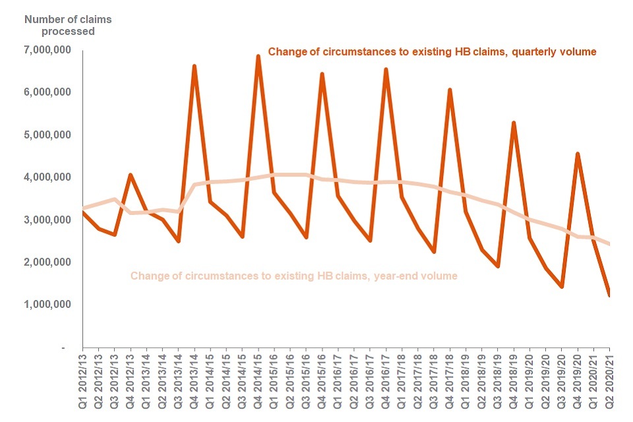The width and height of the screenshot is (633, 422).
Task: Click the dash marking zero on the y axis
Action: pos(63,347)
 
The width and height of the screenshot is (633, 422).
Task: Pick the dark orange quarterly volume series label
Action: pos(431,52)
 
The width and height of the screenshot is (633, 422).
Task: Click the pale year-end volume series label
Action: pos(293,276)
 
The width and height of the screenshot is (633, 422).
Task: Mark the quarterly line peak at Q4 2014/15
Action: pos(258,56)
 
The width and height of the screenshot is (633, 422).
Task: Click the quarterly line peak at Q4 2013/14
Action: pos(195,66)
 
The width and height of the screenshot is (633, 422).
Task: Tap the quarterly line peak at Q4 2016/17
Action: pos(386,69)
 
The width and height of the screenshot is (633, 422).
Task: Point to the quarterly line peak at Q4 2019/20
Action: pos(578,154)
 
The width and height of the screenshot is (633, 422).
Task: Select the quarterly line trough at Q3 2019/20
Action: pos(562,287)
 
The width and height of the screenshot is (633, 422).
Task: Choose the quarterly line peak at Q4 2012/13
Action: pos(131,175)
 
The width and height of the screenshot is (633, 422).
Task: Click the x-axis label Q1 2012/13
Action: pos(83,378)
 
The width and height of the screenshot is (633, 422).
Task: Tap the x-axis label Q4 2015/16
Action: pos(322,378)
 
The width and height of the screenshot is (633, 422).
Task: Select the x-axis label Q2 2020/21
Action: pos(610,378)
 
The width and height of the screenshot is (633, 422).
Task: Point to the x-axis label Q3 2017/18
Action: pos(434,378)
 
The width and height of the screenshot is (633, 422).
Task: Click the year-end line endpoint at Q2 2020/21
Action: pos(609,244)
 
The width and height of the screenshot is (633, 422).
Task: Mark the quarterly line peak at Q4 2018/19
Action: pos(514,123)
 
